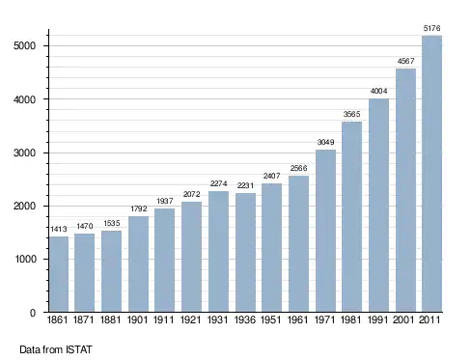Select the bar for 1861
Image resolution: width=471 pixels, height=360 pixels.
pyautogui.click(x=59, y=274)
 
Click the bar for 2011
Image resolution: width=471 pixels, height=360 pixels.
pyautogui.click(x=431, y=174)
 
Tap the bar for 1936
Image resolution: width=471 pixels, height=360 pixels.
pyautogui.click(x=245, y=252)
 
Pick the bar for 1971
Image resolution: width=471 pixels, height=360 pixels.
pyautogui.click(x=325, y=231)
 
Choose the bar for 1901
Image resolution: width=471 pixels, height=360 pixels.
pyautogui.click(x=138, y=263)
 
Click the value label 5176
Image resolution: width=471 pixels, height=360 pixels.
pyautogui.click(x=431, y=28)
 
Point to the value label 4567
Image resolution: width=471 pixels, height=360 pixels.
pyautogui.click(x=405, y=61)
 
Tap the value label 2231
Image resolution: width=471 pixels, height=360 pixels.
pyautogui.click(x=245, y=185)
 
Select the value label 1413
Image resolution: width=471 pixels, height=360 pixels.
pyautogui.click(x=59, y=229)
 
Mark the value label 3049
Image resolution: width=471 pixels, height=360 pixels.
pyautogui.click(x=325, y=142)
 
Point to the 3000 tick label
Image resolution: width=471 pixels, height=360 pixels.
pyautogui.click(x=24, y=152)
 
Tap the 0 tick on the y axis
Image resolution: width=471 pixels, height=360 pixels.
pyautogui.click(x=33, y=313)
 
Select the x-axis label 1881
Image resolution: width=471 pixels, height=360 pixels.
pyautogui.click(x=111, y=319)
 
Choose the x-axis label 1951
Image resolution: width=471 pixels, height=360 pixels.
pyautogui.click(x=271, y=319)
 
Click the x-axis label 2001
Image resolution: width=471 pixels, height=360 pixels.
pyautogui.click(x=403, y=319)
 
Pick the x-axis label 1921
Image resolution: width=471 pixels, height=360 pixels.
pyautogui.click(x=191, y=319)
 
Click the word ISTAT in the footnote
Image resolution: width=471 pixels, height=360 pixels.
pyautogui.click(x=79, y=349)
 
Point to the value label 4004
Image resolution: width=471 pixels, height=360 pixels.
pyautogui.click(x=378, y=91)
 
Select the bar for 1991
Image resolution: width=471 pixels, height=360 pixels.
pyautogui.click(x=378, y=206)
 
